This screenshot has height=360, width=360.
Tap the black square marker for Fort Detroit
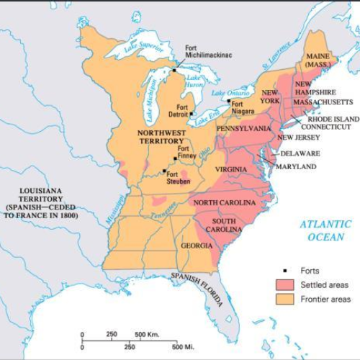191,113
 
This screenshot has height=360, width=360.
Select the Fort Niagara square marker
229,102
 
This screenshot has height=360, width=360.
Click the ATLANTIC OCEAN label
325,230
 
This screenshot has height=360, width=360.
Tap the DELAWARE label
300,153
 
